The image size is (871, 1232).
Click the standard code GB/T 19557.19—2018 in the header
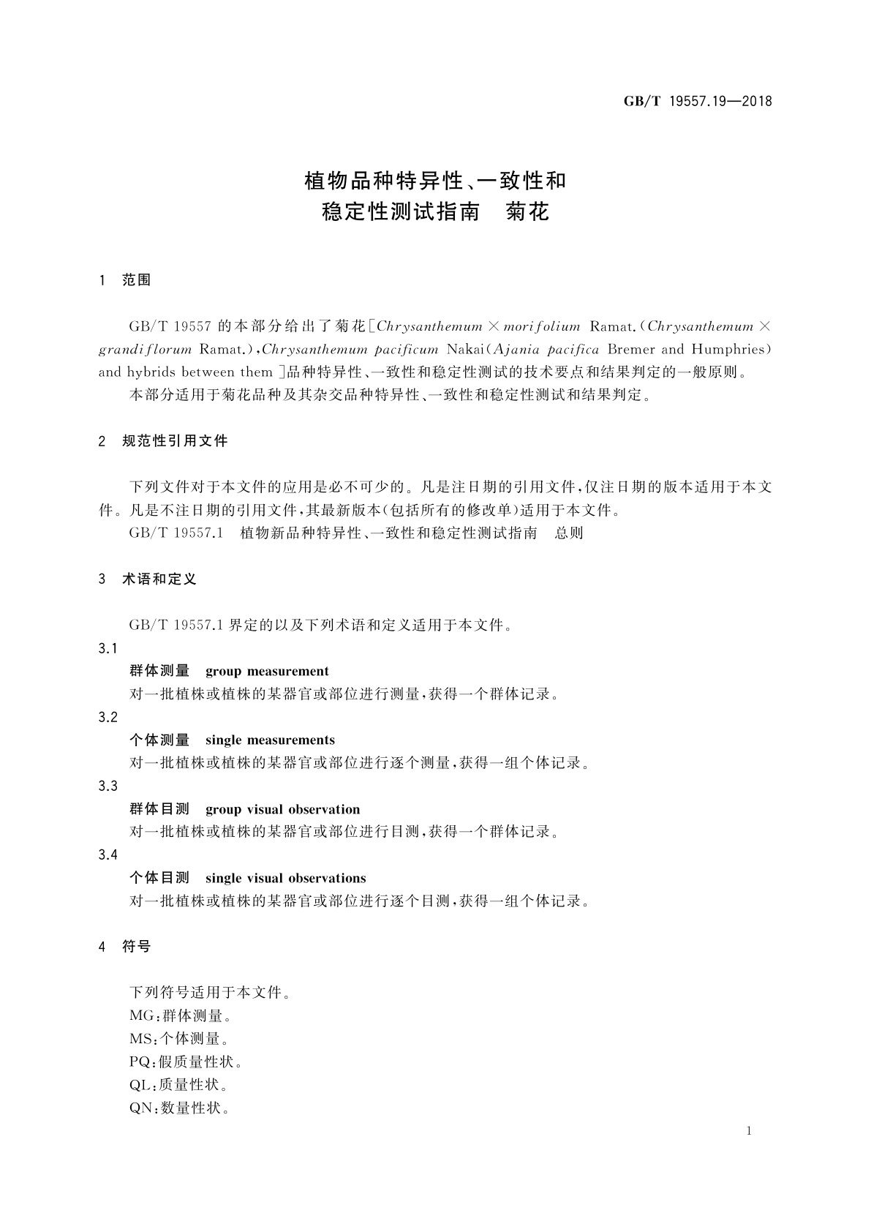698,102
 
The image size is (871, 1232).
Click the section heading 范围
137,280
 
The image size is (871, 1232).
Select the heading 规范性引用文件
175,440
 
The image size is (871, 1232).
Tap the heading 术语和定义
159,579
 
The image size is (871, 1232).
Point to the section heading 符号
137,946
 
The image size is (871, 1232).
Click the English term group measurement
267,671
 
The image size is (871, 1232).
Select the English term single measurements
270,740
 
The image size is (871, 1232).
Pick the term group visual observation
282,809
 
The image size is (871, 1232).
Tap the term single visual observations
285,878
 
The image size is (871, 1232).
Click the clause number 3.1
108,649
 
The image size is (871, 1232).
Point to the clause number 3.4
108,855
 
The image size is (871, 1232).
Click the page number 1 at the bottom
749,1131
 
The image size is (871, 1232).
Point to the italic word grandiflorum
146,349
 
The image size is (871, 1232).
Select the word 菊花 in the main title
527,212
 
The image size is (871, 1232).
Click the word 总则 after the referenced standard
569,533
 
